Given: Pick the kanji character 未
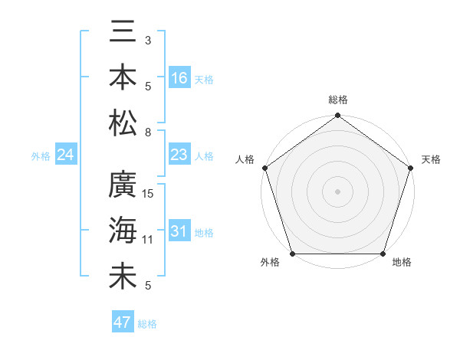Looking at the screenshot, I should click(x=123, y=277).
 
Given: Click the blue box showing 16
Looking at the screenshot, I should click(x=179, y=78).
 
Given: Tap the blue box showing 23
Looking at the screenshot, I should click(x=179, y=155).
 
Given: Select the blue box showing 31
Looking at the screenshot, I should click(x=179, y=232).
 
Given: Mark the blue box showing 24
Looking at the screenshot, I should click(x=65, y=155).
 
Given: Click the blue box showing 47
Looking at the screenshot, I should click(x=122, y=322).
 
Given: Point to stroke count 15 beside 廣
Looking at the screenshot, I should click(x=149, y=193).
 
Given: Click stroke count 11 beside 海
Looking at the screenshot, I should click(x=149, y=240).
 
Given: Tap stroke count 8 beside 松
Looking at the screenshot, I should click(x=147, y=132).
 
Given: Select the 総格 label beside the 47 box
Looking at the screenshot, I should click(x=147, y=324).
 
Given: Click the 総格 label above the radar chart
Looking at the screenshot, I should click(x=337, y=100).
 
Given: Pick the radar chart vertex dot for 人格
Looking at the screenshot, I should click(x=264, y=168).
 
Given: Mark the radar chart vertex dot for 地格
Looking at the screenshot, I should click(x=383, y=254).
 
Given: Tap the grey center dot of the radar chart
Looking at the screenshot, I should click(x=337, y=191).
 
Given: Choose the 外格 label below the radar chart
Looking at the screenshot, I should click(x=270, y=263).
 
